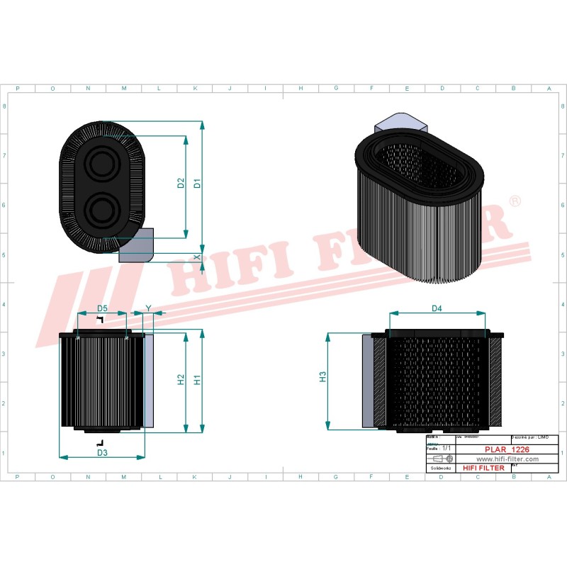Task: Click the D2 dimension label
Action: [181, 183]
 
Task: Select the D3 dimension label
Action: [101, 452]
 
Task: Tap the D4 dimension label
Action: [437, 308]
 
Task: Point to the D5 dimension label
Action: [102, 308]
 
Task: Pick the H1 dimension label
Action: [198, 380]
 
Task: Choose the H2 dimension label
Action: [181, 380]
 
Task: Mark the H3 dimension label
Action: [322, 377]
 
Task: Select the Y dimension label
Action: [148, 308]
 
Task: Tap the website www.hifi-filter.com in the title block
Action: [503, 459]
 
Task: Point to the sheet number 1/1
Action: [446, 449]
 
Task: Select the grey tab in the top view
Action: [137, 245]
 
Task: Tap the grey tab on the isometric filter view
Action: [402, 123]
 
